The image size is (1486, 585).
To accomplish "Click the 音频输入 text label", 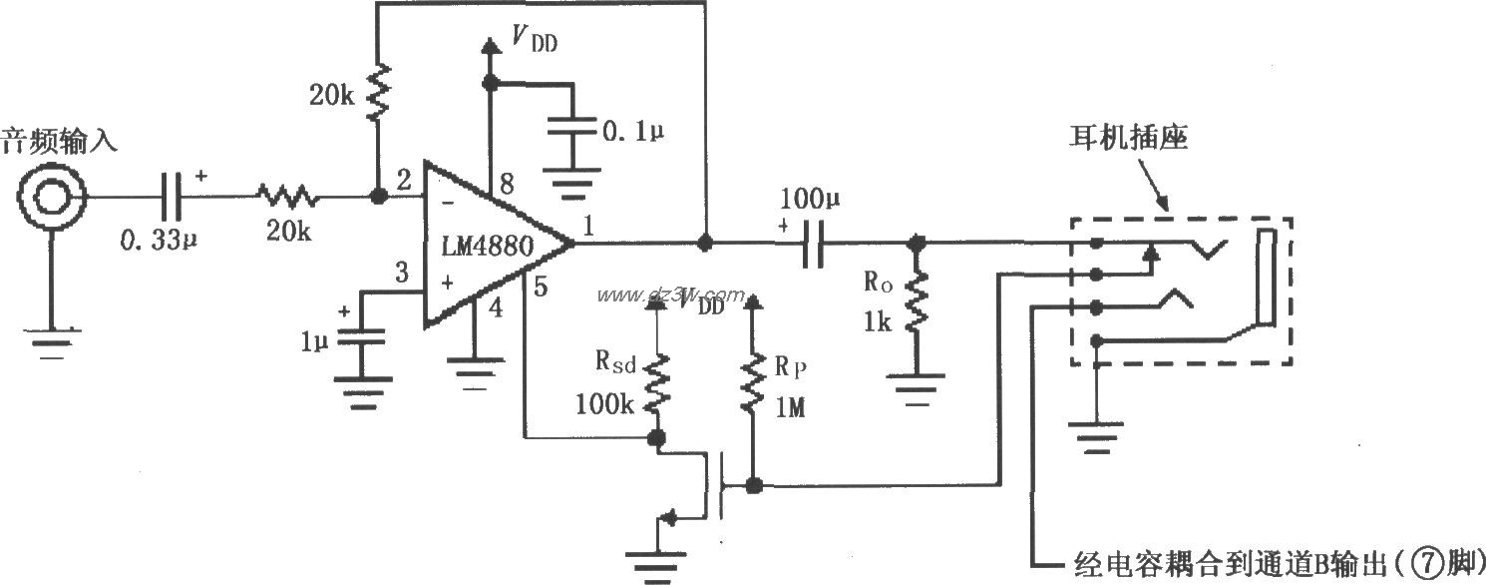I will coord(59,139).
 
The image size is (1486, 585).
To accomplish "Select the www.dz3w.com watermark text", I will coord(669,295).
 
